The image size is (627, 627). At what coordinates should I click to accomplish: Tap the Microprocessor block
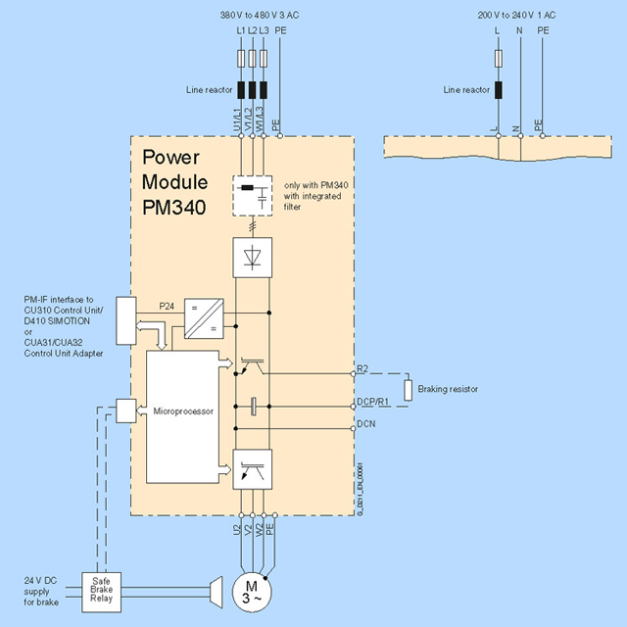coord(181,415)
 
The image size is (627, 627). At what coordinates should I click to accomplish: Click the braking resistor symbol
coord(410,389)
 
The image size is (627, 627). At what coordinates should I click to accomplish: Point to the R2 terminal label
coord(362,368)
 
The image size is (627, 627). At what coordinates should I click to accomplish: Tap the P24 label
coord(167,307)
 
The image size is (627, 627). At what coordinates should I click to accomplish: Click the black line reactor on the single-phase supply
coord(498,90)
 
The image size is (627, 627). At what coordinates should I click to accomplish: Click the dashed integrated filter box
coord(253,194)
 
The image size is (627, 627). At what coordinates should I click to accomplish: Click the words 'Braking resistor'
coord(448,389)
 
